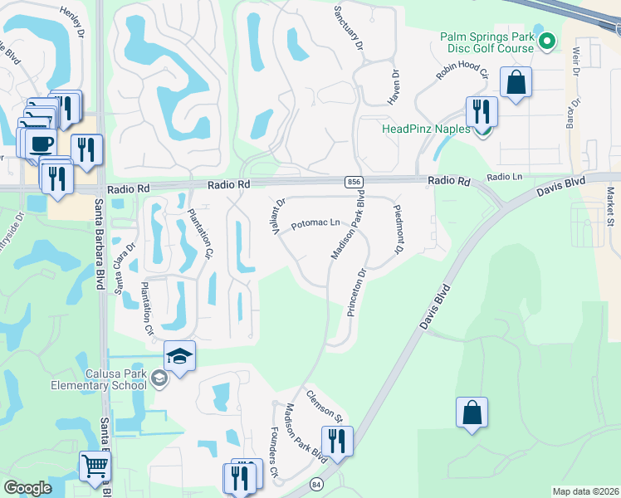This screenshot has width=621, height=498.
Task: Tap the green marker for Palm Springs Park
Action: [547, 40]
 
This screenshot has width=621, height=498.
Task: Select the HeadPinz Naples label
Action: [425, 129]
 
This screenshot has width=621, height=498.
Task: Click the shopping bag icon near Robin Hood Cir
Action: [516, 83]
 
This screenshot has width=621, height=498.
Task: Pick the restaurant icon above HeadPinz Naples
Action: [482, 110]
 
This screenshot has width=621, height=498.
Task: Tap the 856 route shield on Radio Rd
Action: [352, 181]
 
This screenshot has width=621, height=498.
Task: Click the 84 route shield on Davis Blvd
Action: [315, 483]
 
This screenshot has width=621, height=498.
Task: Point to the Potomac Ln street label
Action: [315, 223]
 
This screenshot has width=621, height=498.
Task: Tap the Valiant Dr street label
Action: [279, 215]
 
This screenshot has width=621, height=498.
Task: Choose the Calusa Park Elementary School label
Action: [115, 379]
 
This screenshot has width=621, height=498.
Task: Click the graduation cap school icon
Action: [180, 355]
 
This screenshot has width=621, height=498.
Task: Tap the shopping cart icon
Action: [95, 466]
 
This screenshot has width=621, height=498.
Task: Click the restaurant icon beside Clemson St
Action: [337, 441]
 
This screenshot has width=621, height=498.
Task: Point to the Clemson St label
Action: [324, 404]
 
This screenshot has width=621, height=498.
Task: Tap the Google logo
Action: [28, 488]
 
